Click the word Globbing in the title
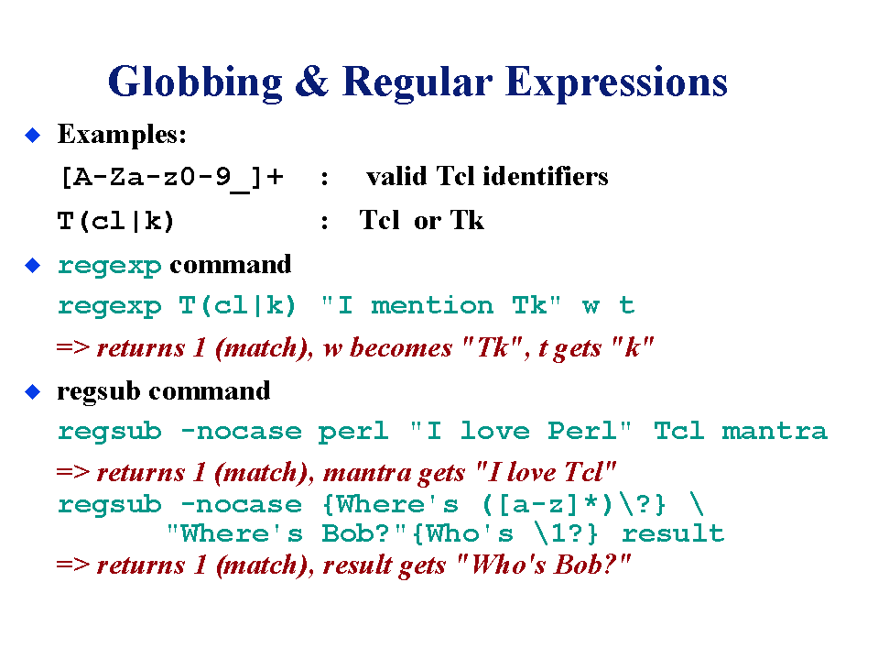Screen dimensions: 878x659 [x=195, y=82]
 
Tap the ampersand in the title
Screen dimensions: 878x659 [x=312, y=82]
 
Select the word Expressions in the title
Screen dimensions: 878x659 [x=616, y=82]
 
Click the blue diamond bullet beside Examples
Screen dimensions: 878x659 [x=33, y=135]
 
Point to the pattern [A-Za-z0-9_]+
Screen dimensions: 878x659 [x=172, y=178]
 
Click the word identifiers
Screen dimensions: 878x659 [x=546, y=176]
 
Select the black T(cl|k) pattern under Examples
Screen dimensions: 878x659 [x=116, y=221]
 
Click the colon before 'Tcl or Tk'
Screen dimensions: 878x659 [x=324, y=223]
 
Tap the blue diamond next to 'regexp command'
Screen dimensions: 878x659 [x=33, y=265]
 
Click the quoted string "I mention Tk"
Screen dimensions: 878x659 [x=440, y=305]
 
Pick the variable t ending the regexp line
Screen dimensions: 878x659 [x=626, y=305]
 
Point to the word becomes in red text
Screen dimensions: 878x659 [x=401, y=348]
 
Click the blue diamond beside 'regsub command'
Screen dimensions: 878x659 [x=33, y=391]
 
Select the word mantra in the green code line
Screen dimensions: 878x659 [x=775, y=432]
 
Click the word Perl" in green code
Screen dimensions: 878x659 [x=590, y=431]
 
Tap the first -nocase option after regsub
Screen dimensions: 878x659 [x=242, y=432]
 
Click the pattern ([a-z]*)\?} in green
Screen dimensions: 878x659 [x=574, y=504]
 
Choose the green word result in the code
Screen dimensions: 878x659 [x=673, y=533]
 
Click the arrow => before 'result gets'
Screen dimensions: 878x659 [x=73, y=565]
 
